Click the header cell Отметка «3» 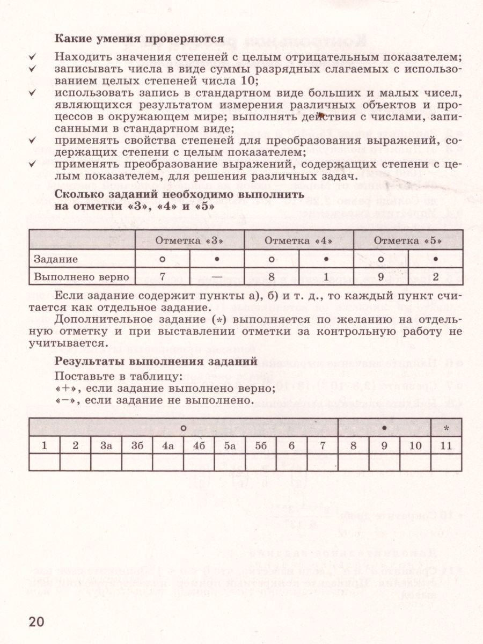pyautogui.click(x=189, y=241)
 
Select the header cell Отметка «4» pyautogui.click(x=298, y=241)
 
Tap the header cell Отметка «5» pyautogui.click(x=407, y=241)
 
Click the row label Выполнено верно pyautogui.click(x=82, y=277)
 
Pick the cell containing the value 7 pyautogui.click(x=162, y=277)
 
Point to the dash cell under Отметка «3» pyautogui.click(x=217, y=277)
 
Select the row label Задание pyautogui.click(x=56, y=259)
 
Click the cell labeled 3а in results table pyautogui.click(x=106, y=445)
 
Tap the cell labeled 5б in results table pyautogui.click(x=261, y=445)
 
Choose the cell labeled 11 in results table pyautogui.click(x=447, y=445)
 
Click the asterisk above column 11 pyautogui.click(x=447, y=428)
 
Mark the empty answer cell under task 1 pyautogui.click(x=44, y=462)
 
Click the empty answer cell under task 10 pyautogui.click(x=415, y=462)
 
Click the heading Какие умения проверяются pyautogui.click(x=140, y=39)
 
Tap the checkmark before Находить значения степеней pyautogui.click(x=32, y=57)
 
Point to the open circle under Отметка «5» pyautogui.click(x=380, y=259)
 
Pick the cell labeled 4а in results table pyautogui.click(x=168, y=445)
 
